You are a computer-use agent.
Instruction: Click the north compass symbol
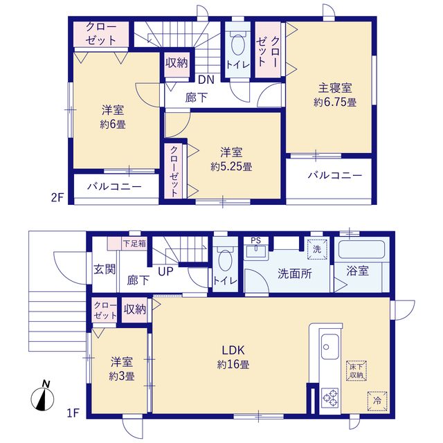pos(42,397)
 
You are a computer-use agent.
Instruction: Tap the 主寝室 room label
pos(335,88)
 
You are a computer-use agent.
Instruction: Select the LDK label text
pos(233,350)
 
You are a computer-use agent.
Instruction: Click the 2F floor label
pos(57,197)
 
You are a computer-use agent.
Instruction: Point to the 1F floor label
pos(73,413)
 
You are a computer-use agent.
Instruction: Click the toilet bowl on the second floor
pos(237,44)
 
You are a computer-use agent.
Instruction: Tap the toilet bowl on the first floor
pos(225,258)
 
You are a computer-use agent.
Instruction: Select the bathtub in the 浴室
pos(361,249)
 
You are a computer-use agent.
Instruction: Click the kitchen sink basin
pos(329,347)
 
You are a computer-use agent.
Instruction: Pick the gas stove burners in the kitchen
pos(329,398)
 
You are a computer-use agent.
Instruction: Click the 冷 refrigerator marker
pos(377,401)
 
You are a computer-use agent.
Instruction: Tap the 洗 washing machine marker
pos(317,249)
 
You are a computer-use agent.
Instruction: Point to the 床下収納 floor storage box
pos(356,371)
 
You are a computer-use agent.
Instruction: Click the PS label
pos(255,241)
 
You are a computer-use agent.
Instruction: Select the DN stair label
pos(206,80)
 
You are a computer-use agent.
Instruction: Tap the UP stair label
pos(165,271)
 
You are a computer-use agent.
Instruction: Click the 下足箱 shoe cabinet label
pos(134,243)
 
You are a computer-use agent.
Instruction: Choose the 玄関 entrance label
pos(105,269)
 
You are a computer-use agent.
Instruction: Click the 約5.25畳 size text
pos(231,167)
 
